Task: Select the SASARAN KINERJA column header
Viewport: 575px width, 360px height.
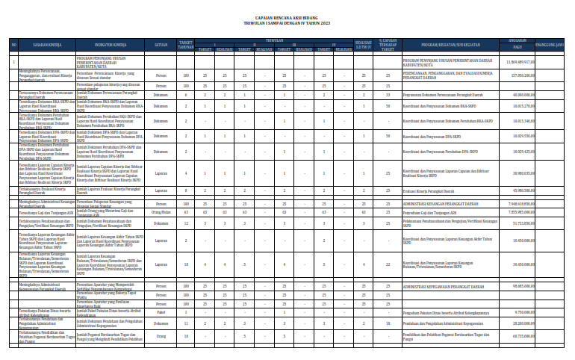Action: [46, 44]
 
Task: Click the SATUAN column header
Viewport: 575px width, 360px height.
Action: [161, 44]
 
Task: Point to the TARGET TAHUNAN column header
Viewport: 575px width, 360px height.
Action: [185, 44]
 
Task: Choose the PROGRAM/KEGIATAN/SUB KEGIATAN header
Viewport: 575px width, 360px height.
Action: [449, 44]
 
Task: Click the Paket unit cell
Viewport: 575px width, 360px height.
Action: [161, 312]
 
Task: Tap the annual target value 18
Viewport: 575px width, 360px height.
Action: [185, 264]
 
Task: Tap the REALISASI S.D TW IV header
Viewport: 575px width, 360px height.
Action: [363, 46]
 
